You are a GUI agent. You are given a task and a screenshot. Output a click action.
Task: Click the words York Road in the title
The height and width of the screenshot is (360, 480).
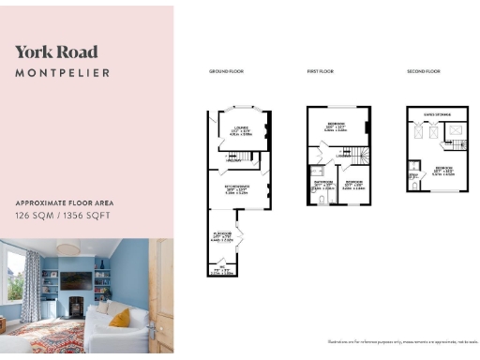pos(56,52)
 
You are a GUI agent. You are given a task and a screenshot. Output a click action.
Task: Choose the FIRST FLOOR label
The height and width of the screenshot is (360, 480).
pos(323,71)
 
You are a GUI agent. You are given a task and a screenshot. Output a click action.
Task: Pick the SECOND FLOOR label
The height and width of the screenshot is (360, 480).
pos(423,71)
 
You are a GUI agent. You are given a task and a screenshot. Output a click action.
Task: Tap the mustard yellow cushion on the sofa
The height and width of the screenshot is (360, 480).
pos(119,318)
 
